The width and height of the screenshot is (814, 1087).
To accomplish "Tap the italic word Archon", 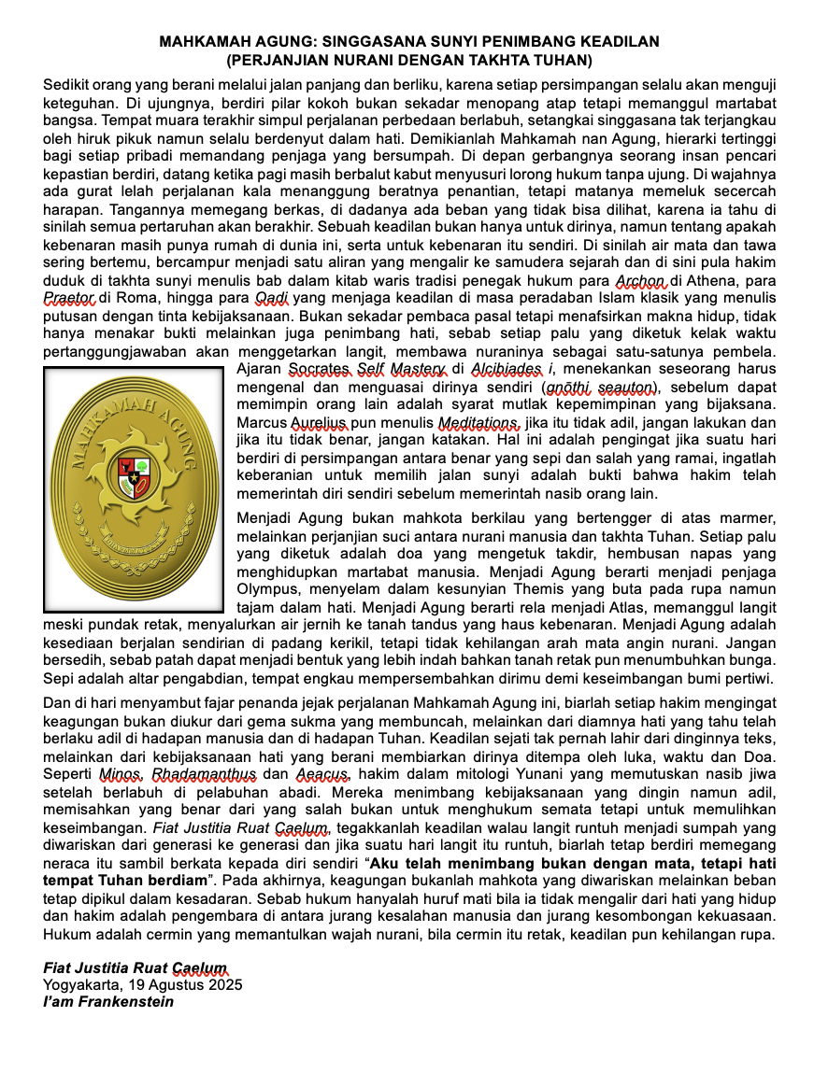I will click(x=640, y=281).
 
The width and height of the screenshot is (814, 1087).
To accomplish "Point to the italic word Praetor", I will click(x=69, y=298).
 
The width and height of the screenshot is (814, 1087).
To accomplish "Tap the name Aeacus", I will click(x=323, y=774).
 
